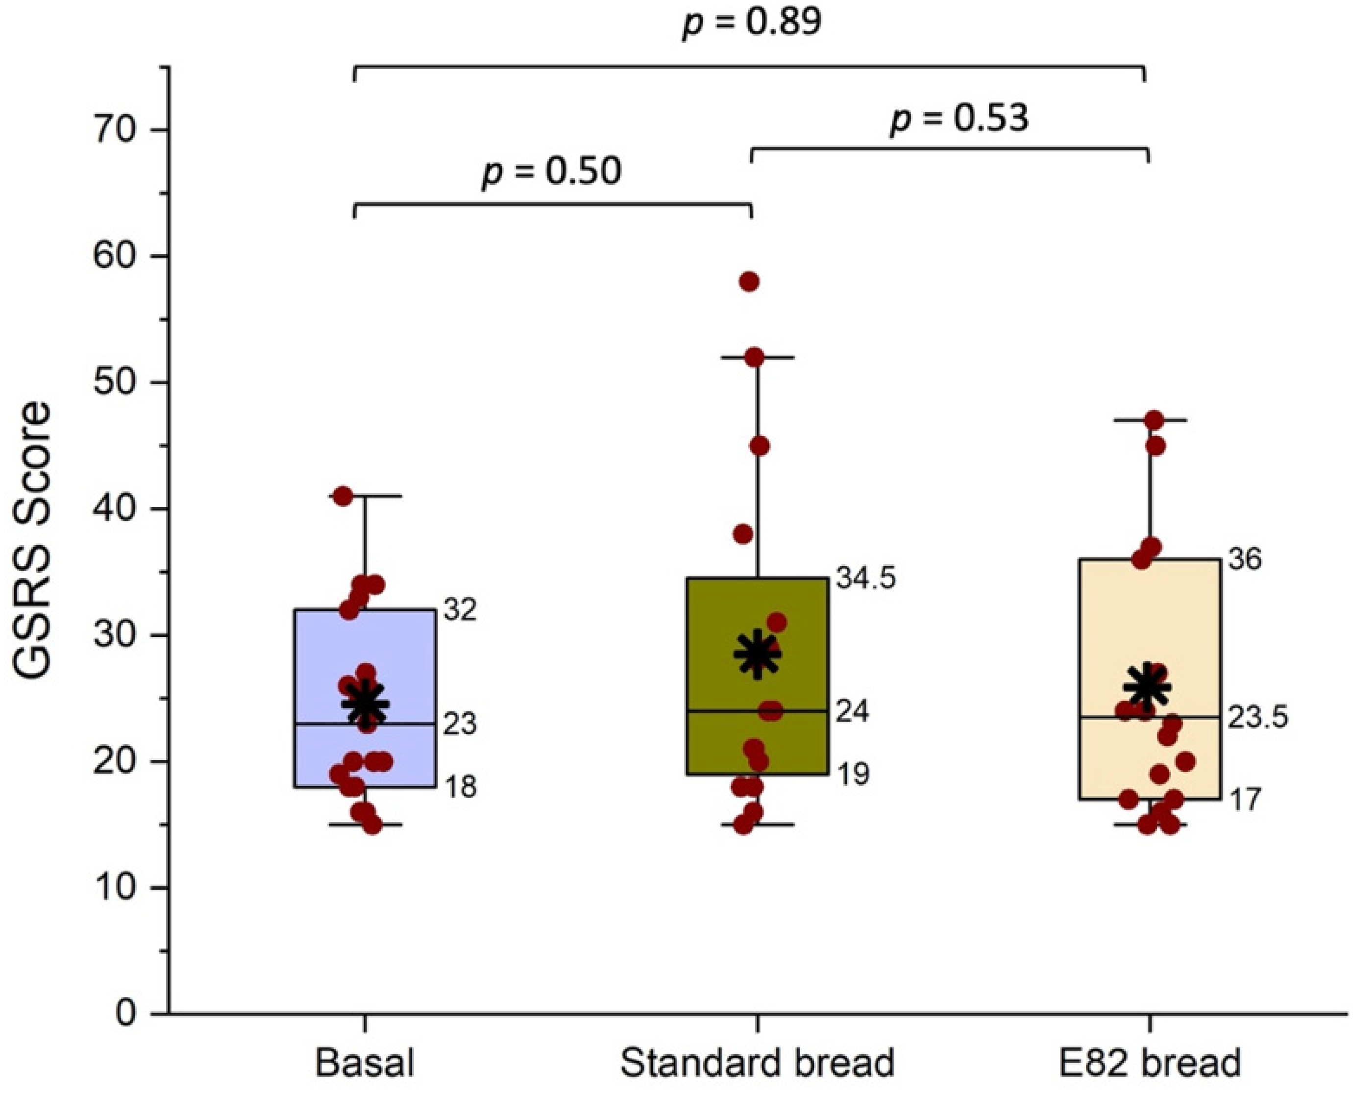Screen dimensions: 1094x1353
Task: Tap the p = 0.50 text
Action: [x=551, y=171]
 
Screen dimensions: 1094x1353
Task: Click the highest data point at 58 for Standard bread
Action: [x=749, y=281]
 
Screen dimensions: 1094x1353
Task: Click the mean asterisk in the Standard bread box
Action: [x=757, y=654]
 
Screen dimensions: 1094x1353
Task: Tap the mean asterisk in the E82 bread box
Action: [x=1148, y=687]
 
